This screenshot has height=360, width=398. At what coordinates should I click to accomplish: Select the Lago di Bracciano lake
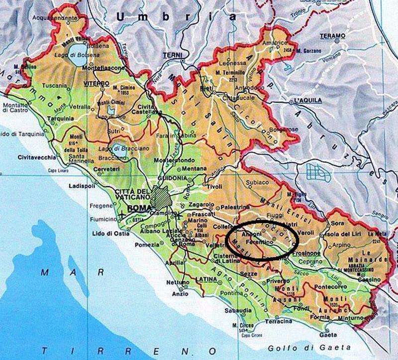click(x=118, y=147)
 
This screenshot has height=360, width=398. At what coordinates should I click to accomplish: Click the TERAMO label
click(x=333, y=36)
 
